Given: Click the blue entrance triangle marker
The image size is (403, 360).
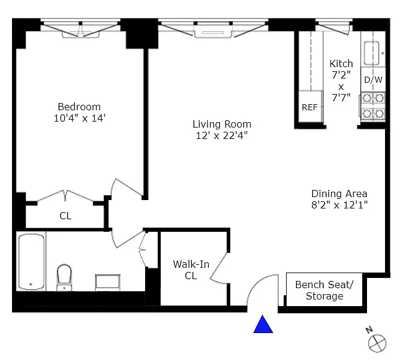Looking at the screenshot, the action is (x=263, y=324).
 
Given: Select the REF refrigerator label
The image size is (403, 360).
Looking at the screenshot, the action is (x=309, y=107).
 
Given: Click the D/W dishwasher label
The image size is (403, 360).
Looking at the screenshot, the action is (x=373, y=80).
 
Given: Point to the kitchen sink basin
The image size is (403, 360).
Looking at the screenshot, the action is (x=372, y=53).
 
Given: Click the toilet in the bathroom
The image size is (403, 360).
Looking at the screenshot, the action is (x=64, y=277).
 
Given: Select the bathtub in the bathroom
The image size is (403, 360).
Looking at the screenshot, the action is (x=31, y=261).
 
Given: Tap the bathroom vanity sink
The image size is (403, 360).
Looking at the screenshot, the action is (x=108, y=283).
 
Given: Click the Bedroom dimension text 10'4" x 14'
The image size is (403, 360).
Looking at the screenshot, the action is (x=80, y=119).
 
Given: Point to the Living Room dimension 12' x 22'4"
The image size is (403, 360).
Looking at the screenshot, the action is (x=222, y=135).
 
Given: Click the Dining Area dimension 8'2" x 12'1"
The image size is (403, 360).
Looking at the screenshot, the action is (x=339, y=205).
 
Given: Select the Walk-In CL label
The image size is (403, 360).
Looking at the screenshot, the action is (x=191, y=270).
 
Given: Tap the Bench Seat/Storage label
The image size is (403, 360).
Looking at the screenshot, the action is (x=324, y=290).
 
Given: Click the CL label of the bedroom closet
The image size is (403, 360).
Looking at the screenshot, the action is (x=65, y=216).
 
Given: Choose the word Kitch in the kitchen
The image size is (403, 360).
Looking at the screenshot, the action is (x=341, y=63).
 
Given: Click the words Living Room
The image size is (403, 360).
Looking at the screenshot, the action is (x=222, y=124).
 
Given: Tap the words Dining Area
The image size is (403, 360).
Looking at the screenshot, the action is (x=339, y=193).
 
